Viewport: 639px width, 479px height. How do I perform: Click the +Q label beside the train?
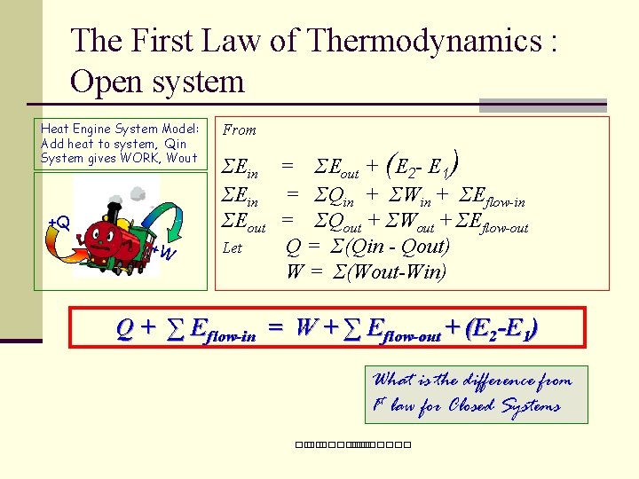[59, 222]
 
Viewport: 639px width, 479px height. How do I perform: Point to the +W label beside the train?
[164, 253]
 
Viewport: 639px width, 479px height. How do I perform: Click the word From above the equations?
[240, 130]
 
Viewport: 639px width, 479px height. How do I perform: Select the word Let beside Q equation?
[233, 248]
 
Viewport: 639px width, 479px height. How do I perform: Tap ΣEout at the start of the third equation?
[243, 223]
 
